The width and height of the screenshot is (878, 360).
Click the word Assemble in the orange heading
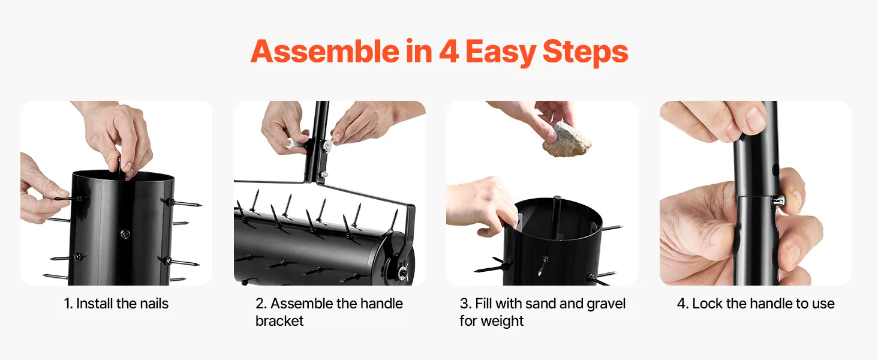325,52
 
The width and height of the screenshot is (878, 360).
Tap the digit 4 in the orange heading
449,52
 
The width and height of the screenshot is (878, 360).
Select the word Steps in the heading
585,53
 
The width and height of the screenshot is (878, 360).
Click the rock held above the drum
567,140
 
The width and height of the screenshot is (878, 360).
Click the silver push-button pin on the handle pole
780,202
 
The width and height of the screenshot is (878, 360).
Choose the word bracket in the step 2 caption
279,321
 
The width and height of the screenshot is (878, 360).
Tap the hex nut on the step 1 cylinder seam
125,234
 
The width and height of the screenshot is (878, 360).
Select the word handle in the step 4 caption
770,304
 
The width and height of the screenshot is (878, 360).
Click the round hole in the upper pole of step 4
775,170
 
